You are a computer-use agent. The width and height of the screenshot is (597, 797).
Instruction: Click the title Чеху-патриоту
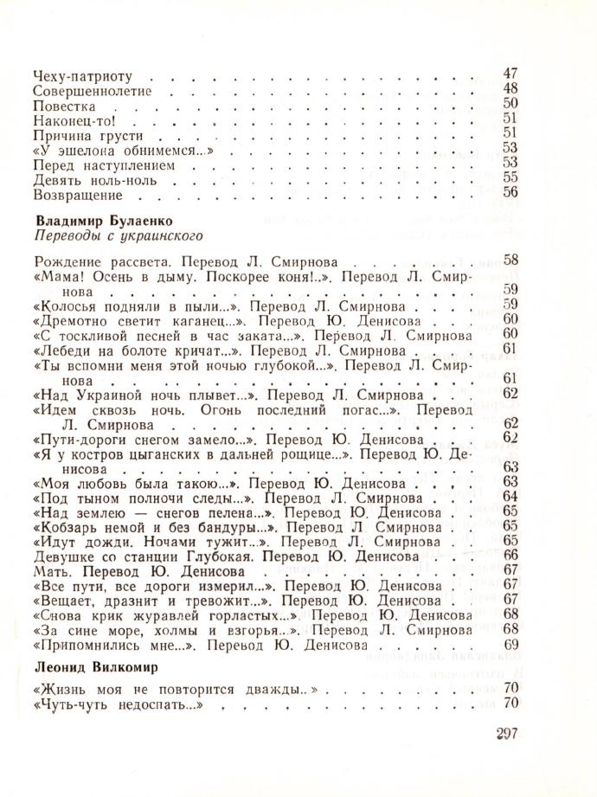click(x=76, y=75)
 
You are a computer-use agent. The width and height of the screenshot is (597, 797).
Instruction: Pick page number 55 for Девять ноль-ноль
click(x=509, y=177)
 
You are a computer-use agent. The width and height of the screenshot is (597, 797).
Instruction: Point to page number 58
click(x=509, y=260)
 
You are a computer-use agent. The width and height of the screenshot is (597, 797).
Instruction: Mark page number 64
click(x=509, y=496)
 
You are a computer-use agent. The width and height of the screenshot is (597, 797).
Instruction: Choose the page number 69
click(x=509, y=645)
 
